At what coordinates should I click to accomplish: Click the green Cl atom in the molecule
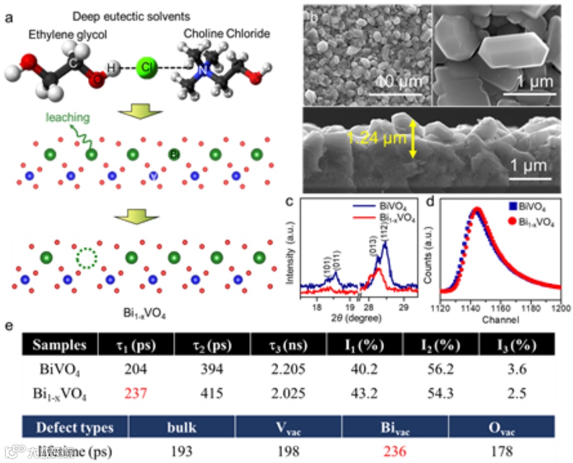[x=146, y=67]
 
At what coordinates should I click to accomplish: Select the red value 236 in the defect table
[x=395, y=452]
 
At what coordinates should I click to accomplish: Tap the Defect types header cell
[x=74, y=427]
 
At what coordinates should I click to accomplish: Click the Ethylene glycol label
[x=68, y=34]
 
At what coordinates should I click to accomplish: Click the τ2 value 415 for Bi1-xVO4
[x=211, y=392]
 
